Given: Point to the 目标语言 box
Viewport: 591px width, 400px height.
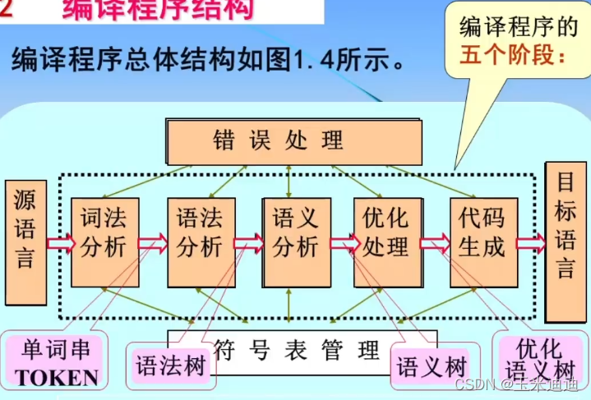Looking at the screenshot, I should (566, 238).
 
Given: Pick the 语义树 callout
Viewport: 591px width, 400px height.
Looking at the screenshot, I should (432, 365).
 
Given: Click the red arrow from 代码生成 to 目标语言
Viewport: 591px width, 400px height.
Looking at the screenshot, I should (531, 242).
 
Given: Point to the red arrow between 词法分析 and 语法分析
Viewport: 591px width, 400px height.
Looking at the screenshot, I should (153, 242).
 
